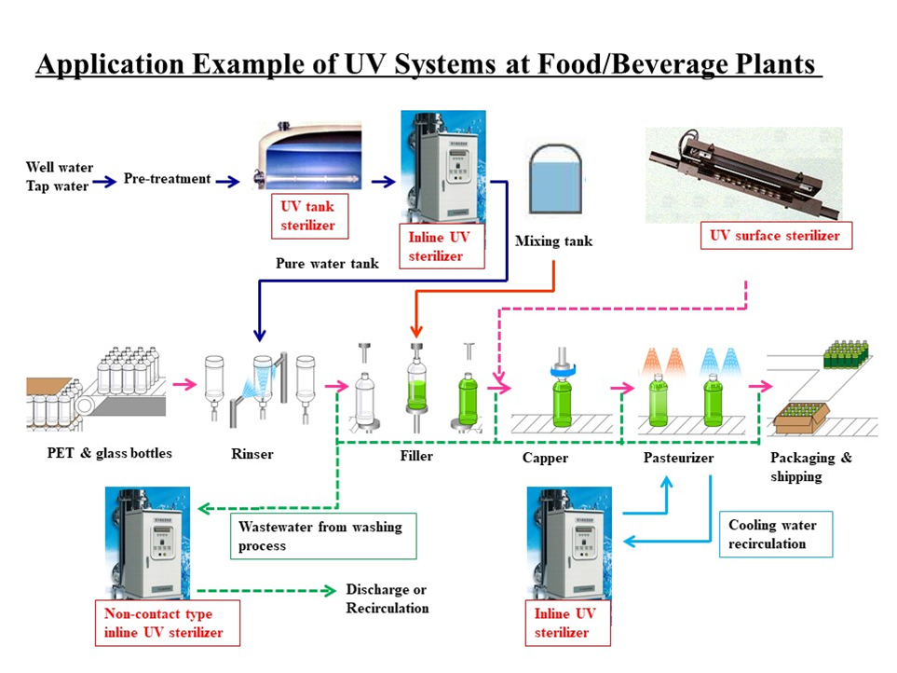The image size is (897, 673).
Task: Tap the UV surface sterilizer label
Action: pyautogui.click(x=774, y=236)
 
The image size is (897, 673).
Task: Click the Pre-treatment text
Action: pyautogui.click(x=167, y=179)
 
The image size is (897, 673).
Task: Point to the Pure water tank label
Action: pyautogui.click(x=327, y=264)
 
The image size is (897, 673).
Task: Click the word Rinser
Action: pyautogui.click(x=252, y=455)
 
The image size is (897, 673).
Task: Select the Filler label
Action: pyautogui.click(x=415, y=457)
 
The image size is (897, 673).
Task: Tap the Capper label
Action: pyautogui.click(x=545, y=458)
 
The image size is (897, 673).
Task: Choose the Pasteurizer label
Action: pyautogui.click(x=678, y=458)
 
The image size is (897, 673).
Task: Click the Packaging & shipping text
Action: pyautogui.click(x=810, y=467)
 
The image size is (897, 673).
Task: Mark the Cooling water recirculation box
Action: pyautogui.click(x=775, y=534)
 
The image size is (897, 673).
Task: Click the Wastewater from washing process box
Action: pyautogui.click(x=322, y=535)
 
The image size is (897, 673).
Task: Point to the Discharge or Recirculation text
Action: pyautogui.click(x=387, y=598)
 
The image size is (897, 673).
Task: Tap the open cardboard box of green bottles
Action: pyautogui.click(x=798, y=419)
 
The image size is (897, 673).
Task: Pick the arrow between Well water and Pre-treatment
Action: pyautogui.click(x=106, y=180)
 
